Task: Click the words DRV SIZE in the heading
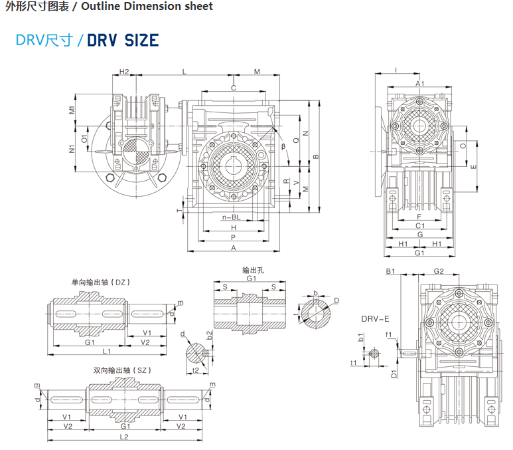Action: [x=123, y=40]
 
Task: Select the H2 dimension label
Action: [x=124, y=71]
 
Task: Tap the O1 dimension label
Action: [x=84, y=138]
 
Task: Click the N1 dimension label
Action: [x=72, y=149]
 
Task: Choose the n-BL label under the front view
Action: [x=231, y=217]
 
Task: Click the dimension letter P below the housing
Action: [x=234, y=237]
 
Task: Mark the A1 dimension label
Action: [x=419, y=83]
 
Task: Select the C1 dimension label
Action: [x=420, y=226]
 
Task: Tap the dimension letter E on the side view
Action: [x=473, y=167]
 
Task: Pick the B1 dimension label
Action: [x=390, y=271]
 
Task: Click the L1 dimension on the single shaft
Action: [x=106, y=350]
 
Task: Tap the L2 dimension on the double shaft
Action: [x=123, y=437]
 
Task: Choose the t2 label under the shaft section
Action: [x=195, y=369]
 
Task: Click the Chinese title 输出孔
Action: [x=252, y=271]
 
